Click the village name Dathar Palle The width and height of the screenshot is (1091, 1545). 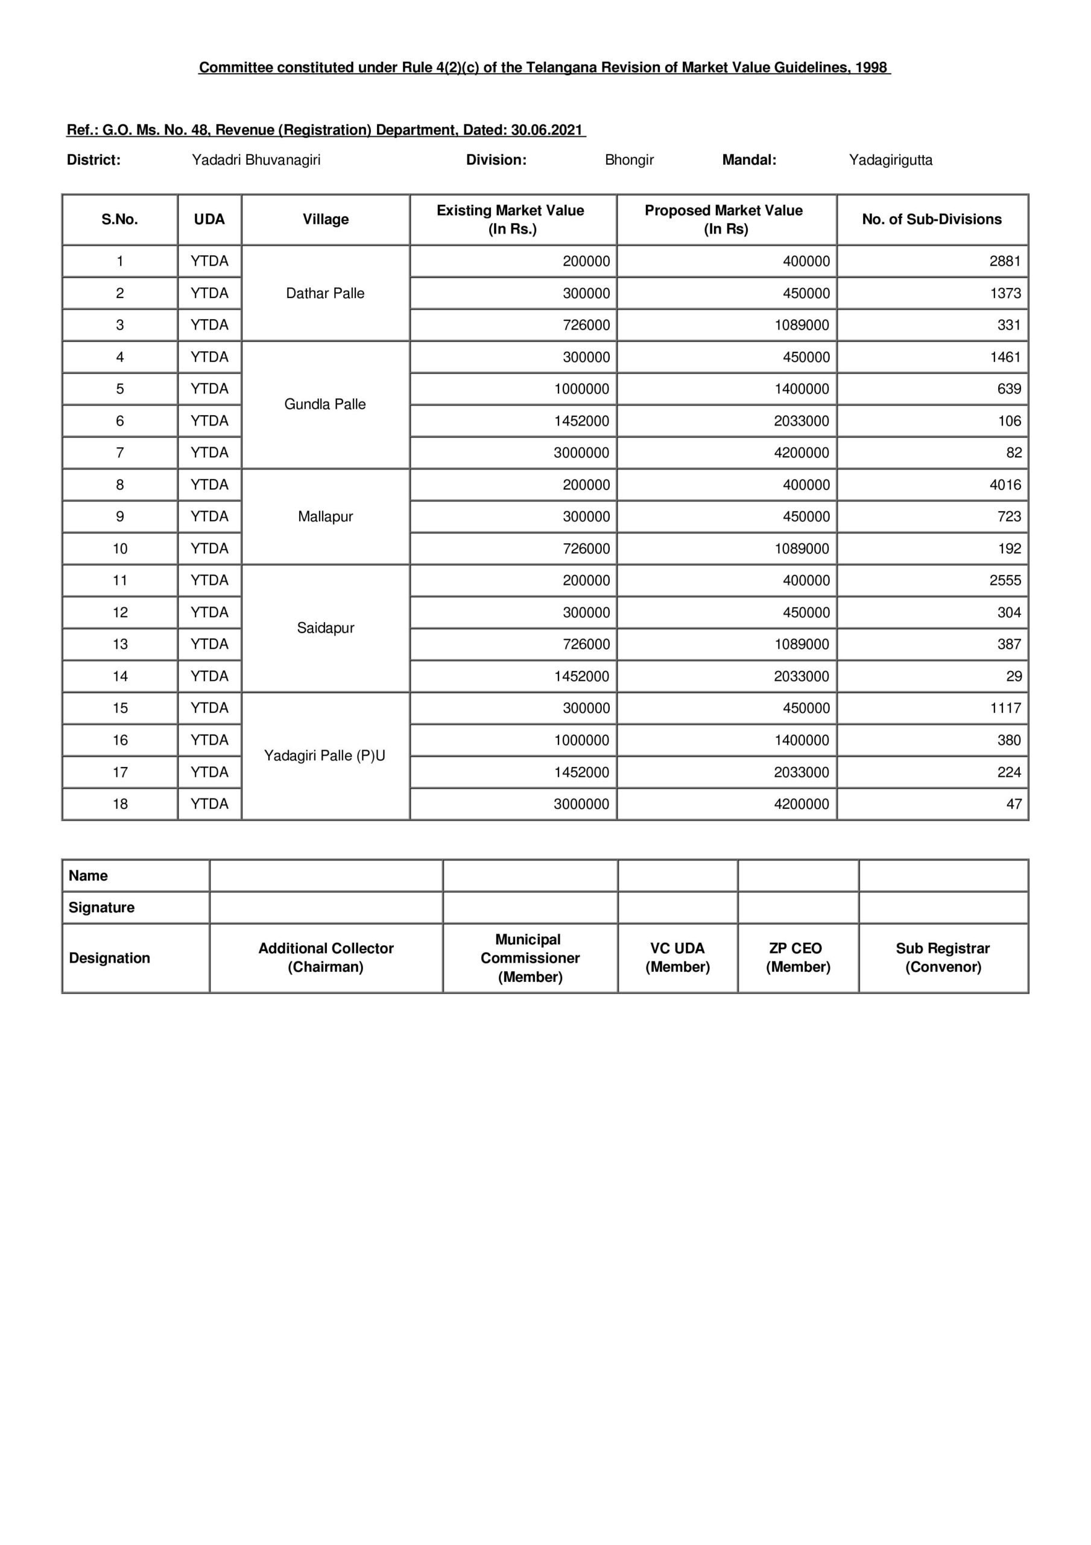pyautogui.click(x=325, y=293)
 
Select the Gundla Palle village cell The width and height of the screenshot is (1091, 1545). pyautogui.click(x=325, y=404)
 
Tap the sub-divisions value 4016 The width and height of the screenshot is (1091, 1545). pyautogui.click(x=1004, y=485)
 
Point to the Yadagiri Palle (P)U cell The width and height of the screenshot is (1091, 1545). pyautogui.click(x=325, y=756)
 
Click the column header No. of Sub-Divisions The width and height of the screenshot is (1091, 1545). pyautogui.click(x=932, y=219)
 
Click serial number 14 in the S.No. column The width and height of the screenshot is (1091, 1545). pyautogui.click(x=120, y=677)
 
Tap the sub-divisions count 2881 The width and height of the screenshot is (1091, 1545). pyautogui.click(x=1004, y=261)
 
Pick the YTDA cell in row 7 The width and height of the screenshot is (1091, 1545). pyautogui.click(x=209, y=453)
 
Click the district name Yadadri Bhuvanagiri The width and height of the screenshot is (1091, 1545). pyautogui.click(x=256, y=160)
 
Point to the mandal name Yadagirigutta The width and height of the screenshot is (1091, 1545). pyautogui.click(x=891, y=160)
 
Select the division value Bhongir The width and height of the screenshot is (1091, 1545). pyautogui.click(x=629, y=160)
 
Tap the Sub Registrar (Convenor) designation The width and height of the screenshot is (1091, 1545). pyautogui.click(x=943, y=958)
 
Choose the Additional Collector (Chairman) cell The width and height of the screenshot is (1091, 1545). pyautogui.click(x=326, y=958)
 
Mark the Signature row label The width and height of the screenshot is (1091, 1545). pyautogui.click(x=101, y=908)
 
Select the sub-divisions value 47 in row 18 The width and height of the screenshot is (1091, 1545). pyautogui.click(x=1014, y=804)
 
